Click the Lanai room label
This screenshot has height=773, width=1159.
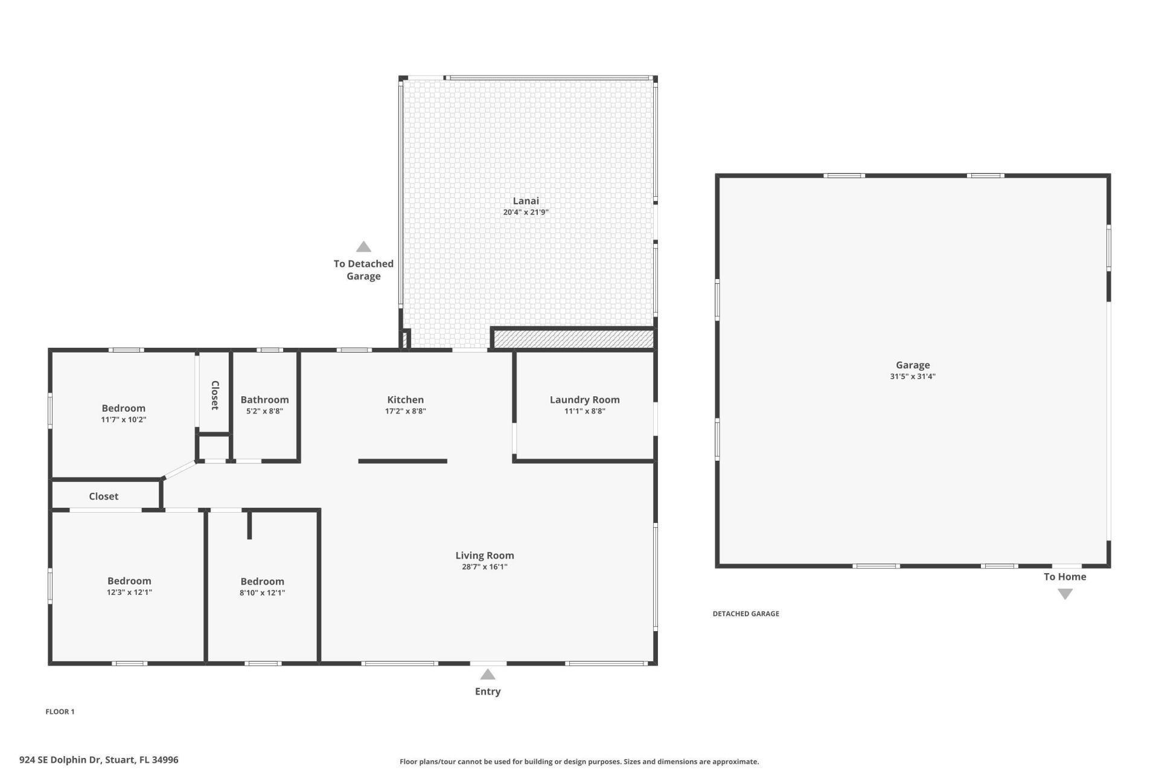(x=525, y=201)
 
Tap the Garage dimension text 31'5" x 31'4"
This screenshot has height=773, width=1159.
(x=912, y=376)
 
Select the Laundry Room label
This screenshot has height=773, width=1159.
(x=584, y=400)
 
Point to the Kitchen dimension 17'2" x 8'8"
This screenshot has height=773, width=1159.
(x=405, y=411)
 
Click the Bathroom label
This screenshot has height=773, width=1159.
(x=264, y=400)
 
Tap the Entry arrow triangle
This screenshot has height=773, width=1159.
(x=488, y=675)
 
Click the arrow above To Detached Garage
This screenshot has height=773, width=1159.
(x=363, y=247)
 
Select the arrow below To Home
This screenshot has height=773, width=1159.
(x=1065, y=594)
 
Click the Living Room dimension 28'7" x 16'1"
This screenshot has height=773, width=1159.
(x=484, y=567)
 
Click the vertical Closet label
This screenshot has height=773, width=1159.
(x=214, y=395)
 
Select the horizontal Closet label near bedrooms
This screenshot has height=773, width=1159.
(x=103, y=496)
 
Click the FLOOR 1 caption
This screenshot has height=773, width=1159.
(x=60, y=711)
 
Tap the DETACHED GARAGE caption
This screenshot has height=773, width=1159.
(x=746, y=614)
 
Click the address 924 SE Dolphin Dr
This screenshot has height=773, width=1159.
(x=99, y=760)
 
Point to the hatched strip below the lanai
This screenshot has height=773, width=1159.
(x=573, y=339)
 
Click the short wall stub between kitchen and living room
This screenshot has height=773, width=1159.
(x=403, y=461)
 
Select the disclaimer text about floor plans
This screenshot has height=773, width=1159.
(x=579, y=762)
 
